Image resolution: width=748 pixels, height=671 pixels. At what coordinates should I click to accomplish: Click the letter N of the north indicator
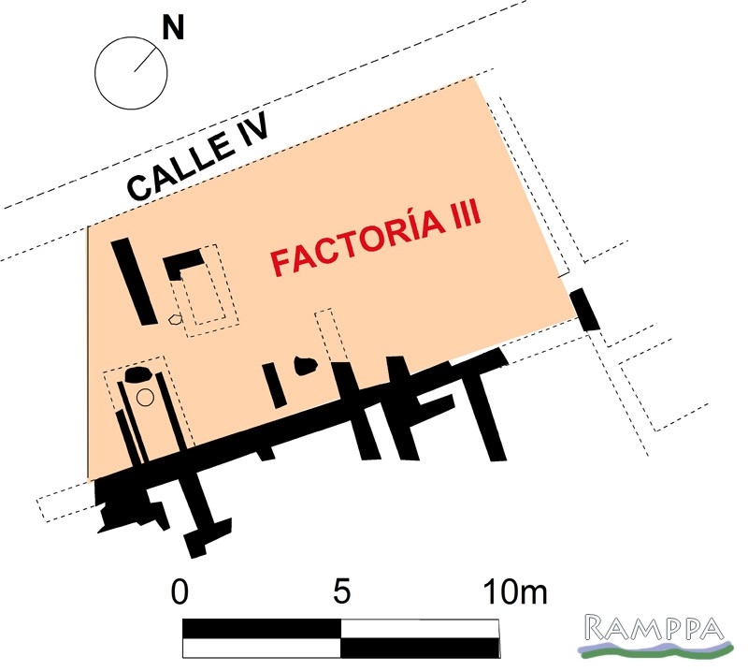pos(173,27)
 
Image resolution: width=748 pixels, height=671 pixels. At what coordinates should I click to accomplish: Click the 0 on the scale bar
pos(180,591)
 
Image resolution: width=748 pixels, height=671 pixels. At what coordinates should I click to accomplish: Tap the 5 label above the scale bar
pos(342,591)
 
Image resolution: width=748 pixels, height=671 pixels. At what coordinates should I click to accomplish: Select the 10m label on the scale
pos(515,591)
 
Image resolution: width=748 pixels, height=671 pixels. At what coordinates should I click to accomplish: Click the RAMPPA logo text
pos(654,628)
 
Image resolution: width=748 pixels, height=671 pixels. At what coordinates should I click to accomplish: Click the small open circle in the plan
pos(145,398)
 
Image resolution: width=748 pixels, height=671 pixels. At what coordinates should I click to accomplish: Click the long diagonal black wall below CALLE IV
pos(134,282)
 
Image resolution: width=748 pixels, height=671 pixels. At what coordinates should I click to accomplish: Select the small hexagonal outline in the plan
pos(176,319)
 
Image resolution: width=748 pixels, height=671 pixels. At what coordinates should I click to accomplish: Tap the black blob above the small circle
pos(137,374)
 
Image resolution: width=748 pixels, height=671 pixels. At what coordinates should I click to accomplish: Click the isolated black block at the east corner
pos(585,309)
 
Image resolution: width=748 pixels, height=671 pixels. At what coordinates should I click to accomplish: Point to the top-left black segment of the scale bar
pos(262,629)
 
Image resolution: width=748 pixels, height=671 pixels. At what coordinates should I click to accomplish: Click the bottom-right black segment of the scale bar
pos(420,648)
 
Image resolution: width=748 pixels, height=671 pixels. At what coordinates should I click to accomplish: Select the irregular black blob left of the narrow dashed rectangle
pos(306,366)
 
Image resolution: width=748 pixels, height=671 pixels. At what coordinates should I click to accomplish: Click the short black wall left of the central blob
pos(274,385)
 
